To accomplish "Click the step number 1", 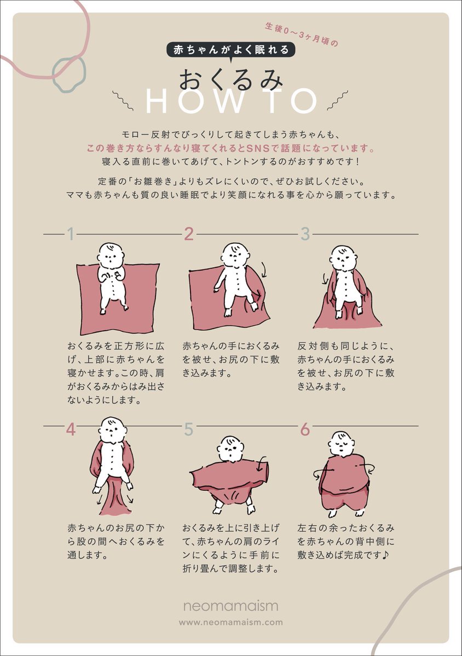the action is [71, 234].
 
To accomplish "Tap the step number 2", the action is [189, 234].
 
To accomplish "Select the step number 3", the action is [305, 234].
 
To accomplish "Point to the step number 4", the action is [71, 430].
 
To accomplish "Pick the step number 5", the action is [189, 430].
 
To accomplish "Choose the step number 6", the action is [305, 430].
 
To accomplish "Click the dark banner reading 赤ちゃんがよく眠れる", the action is [230, 50].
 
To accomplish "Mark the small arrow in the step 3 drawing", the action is [324, 279].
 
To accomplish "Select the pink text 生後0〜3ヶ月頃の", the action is [302, 34].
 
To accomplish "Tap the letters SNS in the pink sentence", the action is [257, 149].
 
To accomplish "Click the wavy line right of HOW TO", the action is [337, 101].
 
